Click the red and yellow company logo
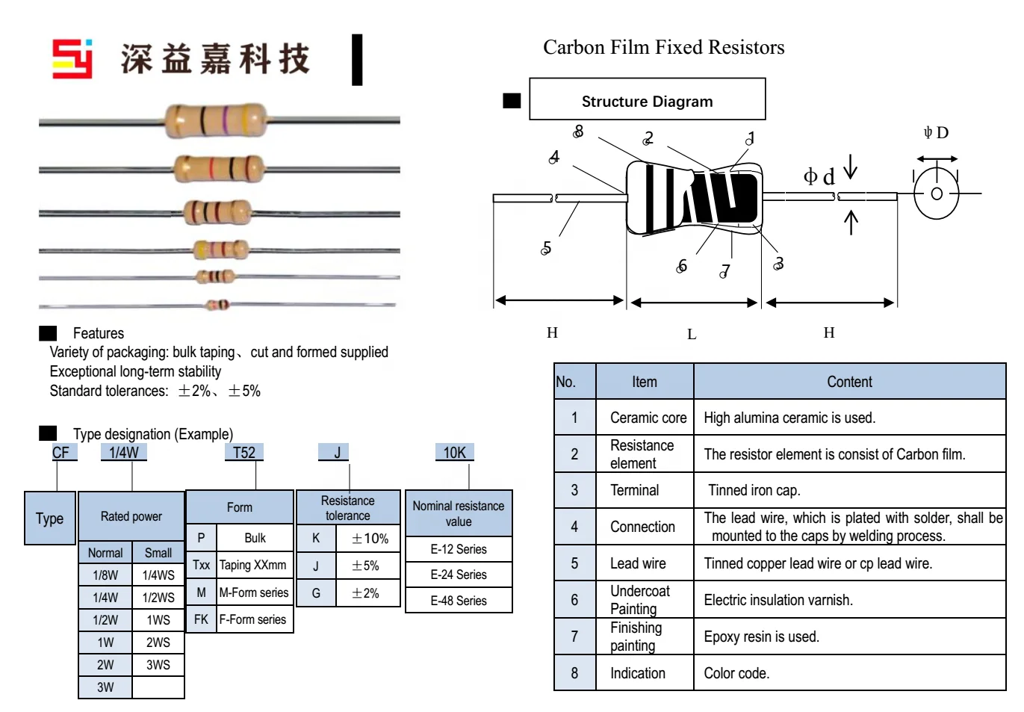point(72,58)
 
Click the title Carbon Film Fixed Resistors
point(663,47)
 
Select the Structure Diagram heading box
point(647,99)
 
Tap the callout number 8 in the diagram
point(578,131)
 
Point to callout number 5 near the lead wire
point(546,248)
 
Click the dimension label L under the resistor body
point(692,334)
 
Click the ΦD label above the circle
point(936,133)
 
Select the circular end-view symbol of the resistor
point(936,194)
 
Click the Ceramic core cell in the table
point(648,418)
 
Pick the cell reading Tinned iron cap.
point(754,490)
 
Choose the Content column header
point(849,382)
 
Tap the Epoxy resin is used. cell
point(761,637)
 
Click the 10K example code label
point(454,453)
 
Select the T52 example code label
point(244,453)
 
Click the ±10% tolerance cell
point(370,538)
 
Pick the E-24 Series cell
point(459,575)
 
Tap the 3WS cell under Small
point(158,664)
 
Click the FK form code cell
point(201,619)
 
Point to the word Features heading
point(98,333)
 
